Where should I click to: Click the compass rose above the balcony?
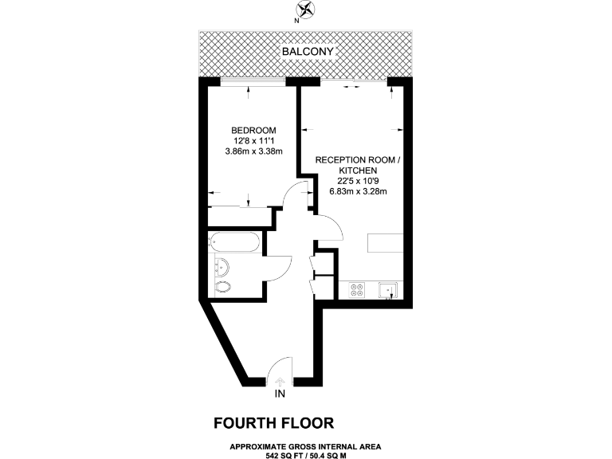tap(305, 11)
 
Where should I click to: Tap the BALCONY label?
tap(306, 53)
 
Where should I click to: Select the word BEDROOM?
tap(253, 131)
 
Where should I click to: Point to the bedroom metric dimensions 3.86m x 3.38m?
tap(253, 151)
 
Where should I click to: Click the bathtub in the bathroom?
tap(233, 243)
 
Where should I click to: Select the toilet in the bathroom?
tap(223, 287)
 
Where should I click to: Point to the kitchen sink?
tap(388, 290)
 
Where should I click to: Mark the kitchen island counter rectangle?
tap(388, 244)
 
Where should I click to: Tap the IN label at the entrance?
tap(280, 394)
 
